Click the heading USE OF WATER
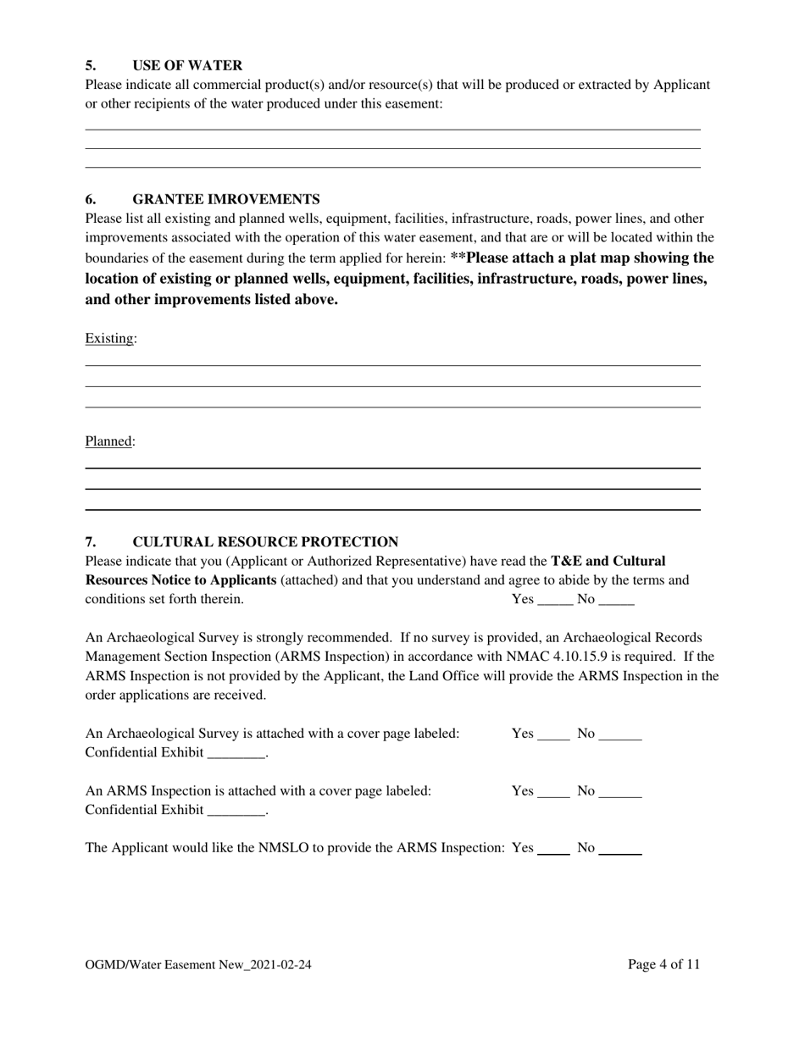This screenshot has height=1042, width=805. click(x=187, y=65)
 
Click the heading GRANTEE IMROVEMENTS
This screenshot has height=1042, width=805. click(x=225, y=199)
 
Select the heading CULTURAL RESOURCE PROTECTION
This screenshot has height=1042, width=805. click(x=265, y=541)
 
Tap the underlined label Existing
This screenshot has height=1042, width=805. click(x=109, y=339)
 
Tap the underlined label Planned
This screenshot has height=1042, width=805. click(x=108, y=441)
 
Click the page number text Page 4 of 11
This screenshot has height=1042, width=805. click(x=663, y=964)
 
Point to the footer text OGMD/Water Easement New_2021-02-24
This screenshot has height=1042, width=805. click(x=198, y=964)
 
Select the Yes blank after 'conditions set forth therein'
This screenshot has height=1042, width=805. click(x=556, y=601)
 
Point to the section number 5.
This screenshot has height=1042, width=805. click(x=90, y=65)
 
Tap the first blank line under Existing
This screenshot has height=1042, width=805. click(x=392, y=364)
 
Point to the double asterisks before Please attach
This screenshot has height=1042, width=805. click(x=458, y=258)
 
